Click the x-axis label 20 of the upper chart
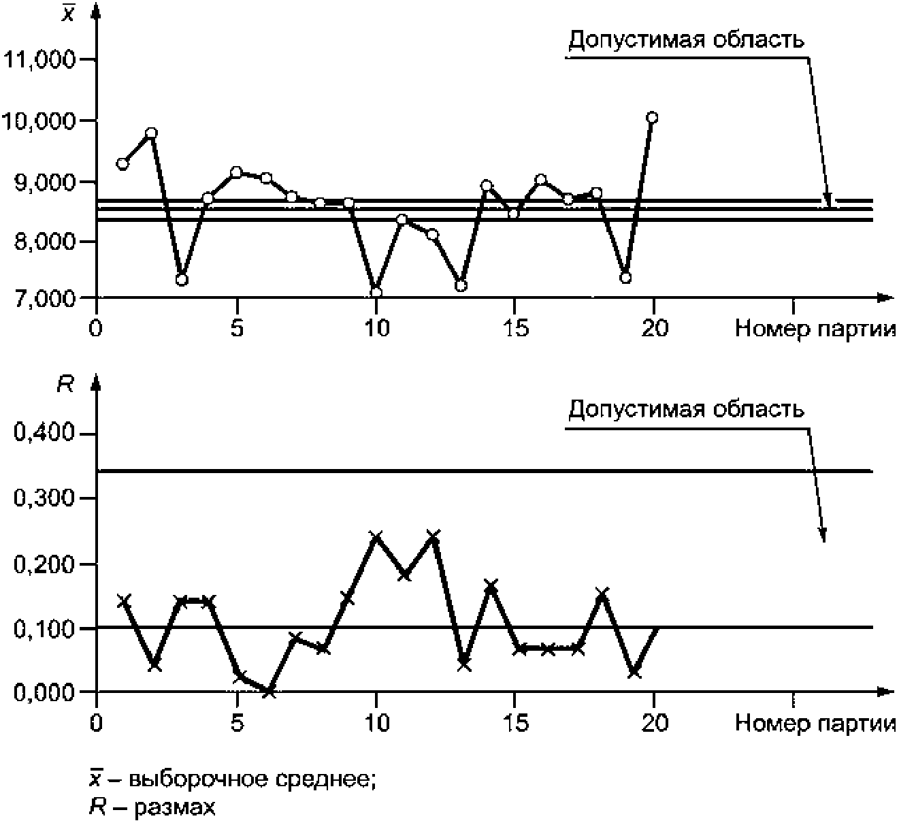tap(654, 328)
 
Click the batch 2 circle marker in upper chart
tap(152, 133)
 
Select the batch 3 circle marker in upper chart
tap(182, 279)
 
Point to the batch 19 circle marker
tap(625, 278)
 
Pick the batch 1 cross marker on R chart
tap(124, 600)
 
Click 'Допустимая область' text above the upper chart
tap(686, 40)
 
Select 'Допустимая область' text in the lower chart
tap(686, 410)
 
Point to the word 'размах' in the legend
tap(176, 807)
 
